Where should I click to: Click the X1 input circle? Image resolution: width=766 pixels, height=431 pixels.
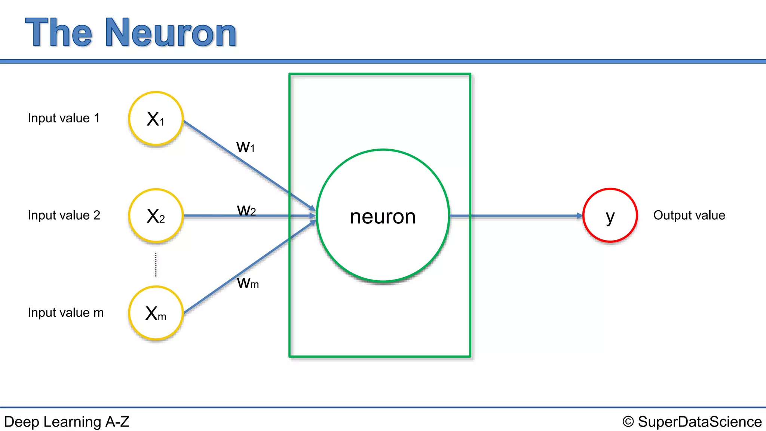[x=156, y=119]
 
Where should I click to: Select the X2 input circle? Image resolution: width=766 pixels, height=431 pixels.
[x=156, y=216]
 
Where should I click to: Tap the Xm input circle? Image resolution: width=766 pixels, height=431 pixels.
[x=156, y=313]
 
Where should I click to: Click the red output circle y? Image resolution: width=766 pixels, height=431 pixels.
[x=610, y=215]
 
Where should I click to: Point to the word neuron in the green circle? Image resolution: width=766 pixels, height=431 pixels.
[x=383, y=217]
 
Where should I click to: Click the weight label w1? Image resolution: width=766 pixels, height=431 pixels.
[x=245, y=146]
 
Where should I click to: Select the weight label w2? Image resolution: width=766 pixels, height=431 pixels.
[x=246, y=210]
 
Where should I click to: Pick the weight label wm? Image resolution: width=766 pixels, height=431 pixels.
[x=248, y=283]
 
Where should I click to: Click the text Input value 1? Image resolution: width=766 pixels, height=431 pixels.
[x=64, y=118]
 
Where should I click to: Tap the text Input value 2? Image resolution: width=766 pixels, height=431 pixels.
[x=64, y=215]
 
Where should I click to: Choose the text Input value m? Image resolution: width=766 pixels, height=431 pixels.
[x=65, y=313]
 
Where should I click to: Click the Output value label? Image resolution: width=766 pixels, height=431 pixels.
[x=689, y=215]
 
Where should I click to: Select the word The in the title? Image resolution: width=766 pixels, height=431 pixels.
[x=59, y=33]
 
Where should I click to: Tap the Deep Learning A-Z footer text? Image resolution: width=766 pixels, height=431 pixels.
[x=67, y=422]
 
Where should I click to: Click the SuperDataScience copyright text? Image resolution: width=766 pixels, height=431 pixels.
[x=699, y=422]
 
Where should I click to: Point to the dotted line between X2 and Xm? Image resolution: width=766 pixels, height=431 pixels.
[x=156, y=265]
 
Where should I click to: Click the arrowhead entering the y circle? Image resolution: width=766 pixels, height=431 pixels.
[x=580, y=216]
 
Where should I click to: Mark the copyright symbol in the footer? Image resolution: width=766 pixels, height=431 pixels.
[x=628, y=422]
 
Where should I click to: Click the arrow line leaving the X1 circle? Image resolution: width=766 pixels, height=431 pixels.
[x=224, y=148]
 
